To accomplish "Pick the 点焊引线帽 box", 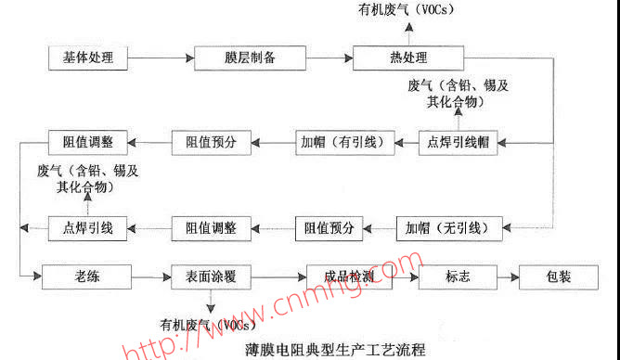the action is tap(456, 142).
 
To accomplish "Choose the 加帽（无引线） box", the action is tap(448, 227).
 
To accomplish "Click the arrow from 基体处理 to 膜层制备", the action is tap(161, 58).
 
